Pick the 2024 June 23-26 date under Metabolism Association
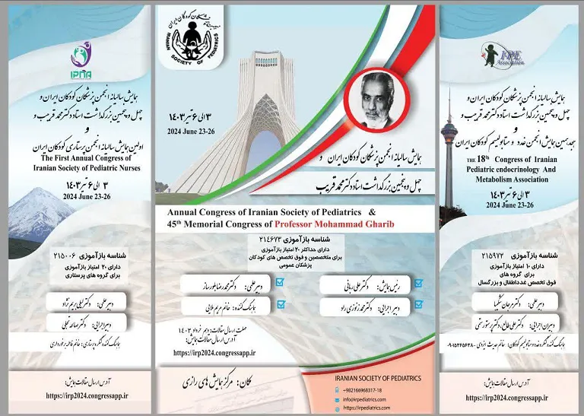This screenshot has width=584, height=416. tap(509, 205)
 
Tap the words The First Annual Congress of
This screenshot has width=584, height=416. tap(68, 157)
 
